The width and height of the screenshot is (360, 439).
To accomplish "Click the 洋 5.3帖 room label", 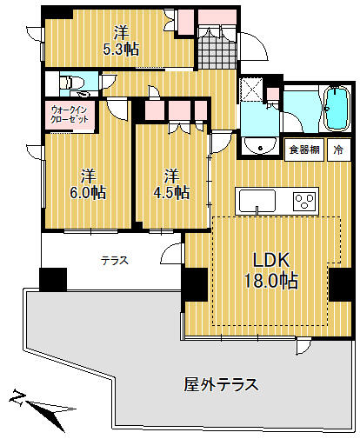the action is point(122,41).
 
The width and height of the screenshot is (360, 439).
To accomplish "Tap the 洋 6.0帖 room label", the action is point(88,183).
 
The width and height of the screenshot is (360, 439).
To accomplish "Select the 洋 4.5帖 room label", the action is point(171,183).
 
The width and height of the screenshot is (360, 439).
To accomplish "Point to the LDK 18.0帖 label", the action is point(271,270).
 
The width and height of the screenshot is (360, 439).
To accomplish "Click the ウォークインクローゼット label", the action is point(70,115).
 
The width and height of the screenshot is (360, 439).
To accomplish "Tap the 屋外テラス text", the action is point(221,384).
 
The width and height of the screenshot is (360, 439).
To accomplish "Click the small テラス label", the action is point(115,261).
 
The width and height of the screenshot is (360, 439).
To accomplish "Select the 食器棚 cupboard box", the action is point(304,150).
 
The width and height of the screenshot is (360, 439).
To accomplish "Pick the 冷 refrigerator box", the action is point(339,150).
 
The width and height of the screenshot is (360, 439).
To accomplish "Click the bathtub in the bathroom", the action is point(337,109).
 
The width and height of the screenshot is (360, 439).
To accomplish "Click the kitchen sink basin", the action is point(257,201).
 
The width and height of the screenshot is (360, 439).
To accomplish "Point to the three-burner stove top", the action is point(304,201).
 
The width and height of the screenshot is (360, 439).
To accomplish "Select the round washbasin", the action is point(260,147).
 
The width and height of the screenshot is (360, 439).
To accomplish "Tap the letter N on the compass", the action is point(17,397).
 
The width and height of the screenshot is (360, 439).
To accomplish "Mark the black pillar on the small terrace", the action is point(53,279).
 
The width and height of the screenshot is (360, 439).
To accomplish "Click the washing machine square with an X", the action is point(251,89).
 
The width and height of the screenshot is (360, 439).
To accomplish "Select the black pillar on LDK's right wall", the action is point(342,285).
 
